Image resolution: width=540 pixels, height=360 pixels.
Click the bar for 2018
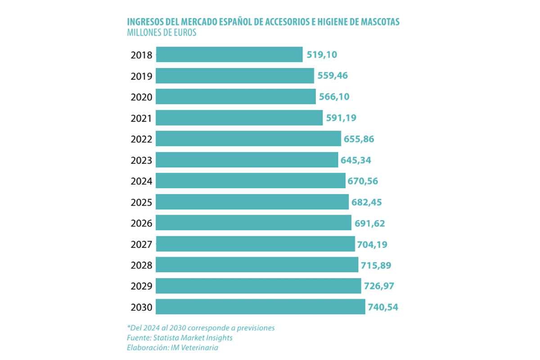pos(229,54)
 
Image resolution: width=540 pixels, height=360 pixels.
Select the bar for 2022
pos(248,139)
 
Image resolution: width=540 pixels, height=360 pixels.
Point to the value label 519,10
pos(322,55)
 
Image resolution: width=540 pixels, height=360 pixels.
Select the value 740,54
pos(383,307)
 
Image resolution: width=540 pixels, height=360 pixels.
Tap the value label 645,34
pos(355,160)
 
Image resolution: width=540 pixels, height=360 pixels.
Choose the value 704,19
pos(372,244)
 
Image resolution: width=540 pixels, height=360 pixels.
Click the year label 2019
pos(141,76)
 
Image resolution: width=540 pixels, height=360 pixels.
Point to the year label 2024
pos(141,181)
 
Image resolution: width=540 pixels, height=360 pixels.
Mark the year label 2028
pos(141,265)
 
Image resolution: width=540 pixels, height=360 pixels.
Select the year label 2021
pos(141,118)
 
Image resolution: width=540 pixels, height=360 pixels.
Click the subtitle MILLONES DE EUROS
pos(162,33)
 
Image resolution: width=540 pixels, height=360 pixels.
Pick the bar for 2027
pos(255,244)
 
